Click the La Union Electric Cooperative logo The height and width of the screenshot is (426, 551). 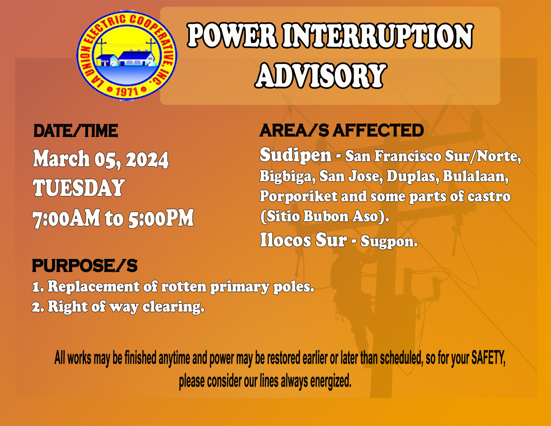tap(127, 55)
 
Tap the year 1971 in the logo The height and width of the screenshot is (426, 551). tap(126, 91)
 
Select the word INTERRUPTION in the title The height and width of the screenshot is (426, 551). tap(378, 36)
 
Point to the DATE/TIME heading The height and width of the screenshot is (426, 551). tap(76, 131)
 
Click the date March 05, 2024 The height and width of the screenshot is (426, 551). tap(101, 160)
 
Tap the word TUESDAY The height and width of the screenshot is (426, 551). tap(79, 188)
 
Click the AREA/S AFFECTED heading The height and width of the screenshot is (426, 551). tap(341, 131)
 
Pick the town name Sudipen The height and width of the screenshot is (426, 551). tap(296, 155)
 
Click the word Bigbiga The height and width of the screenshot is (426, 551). tap(287, 176)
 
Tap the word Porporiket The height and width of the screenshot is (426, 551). tap(298, 196)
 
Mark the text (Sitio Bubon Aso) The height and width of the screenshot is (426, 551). tap(324, 216)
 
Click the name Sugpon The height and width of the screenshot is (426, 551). tap(388, 241)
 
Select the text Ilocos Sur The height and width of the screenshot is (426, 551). tap(303, 240)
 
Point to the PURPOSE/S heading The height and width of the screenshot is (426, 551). tap(85, 266)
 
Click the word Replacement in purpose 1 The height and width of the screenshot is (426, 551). tap(94, 287)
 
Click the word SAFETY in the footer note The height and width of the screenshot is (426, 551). tap(488, 358)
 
